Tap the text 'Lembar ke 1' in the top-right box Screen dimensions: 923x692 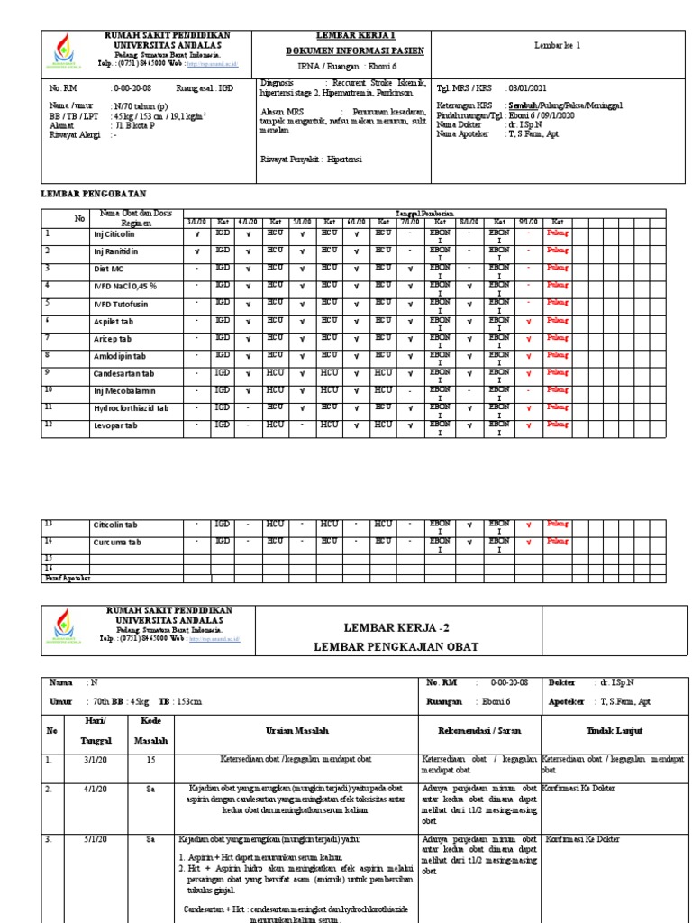[557, 44]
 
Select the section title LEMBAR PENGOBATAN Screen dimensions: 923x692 [94, 194]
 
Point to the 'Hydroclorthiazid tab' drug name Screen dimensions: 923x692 [133, 407]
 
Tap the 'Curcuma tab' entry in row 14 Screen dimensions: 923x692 [117, 543]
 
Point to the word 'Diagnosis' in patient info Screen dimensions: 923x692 [278, 80]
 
